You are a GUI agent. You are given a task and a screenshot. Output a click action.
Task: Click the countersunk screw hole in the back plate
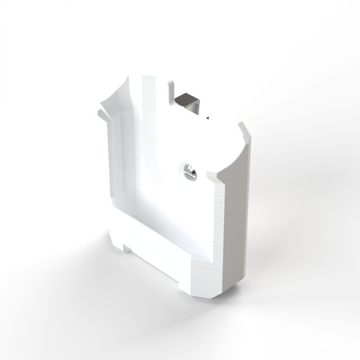click(189, 173)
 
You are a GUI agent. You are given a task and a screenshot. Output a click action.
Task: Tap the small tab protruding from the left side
click(102, 113)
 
